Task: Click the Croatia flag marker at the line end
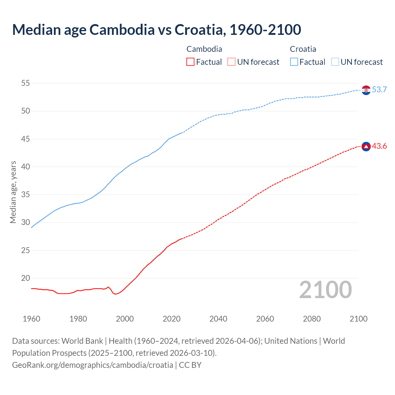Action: tap(366, 90)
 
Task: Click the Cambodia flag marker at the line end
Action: tap(366, 146)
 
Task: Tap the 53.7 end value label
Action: tap(379, 90)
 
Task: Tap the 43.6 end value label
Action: tap(379, 146)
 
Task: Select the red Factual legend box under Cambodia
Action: tap(190, 62)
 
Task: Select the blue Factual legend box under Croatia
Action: tap(294, 62)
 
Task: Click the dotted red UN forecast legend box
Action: tap(231, 62)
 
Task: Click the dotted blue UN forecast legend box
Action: tap(335, 62)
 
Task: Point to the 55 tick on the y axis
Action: tap(25, 83)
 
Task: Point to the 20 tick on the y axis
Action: tap(25, 278)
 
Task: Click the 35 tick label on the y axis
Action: tap(25, 195)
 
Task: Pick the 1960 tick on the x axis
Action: tap(31, 319)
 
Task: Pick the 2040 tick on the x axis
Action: tap(218, 319)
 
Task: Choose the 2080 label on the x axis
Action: tap(312, 319)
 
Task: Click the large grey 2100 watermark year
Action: tap(326, 289)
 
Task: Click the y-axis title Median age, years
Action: tap(13, 192)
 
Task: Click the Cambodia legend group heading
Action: tap(204, 49)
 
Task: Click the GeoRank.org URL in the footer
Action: tap(93, 365)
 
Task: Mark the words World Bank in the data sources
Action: tap(82, 341)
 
